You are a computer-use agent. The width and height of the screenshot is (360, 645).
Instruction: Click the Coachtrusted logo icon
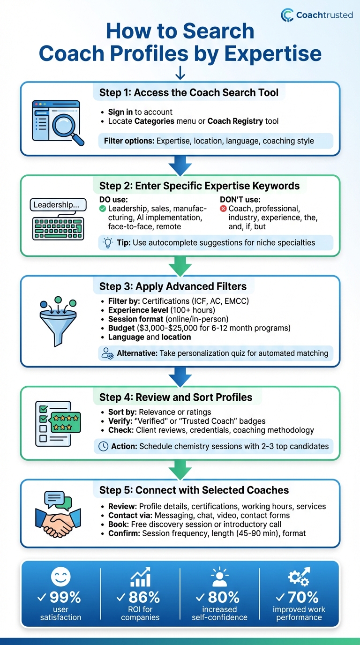pyautogui.click(x=287, y=15)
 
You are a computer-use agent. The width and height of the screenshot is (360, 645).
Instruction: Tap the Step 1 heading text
pyautogui.click(x=192, y=92)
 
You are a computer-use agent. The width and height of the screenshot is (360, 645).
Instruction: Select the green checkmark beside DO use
pyautogui.click(x=103, y=208)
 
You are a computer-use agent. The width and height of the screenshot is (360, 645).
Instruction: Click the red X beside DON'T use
pyautogui.click(x=223, y=208)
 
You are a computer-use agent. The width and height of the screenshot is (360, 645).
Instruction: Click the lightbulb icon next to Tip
pyautogui.click(x=108, y=242)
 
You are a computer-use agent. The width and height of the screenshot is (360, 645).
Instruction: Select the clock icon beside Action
pyautogui.click(x=103, y=446)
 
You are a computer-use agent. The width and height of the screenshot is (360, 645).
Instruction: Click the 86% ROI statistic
pyautogui.click(x=140, y=597)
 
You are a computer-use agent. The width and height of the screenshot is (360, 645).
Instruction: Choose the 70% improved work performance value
pyautogui.click(x=299, y=597)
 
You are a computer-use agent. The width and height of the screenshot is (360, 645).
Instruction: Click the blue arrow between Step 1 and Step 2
pyautogui.click(x=180, y=165)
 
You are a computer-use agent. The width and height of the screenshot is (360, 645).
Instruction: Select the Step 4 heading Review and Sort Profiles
pyautogui.click(x=176, y=397)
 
